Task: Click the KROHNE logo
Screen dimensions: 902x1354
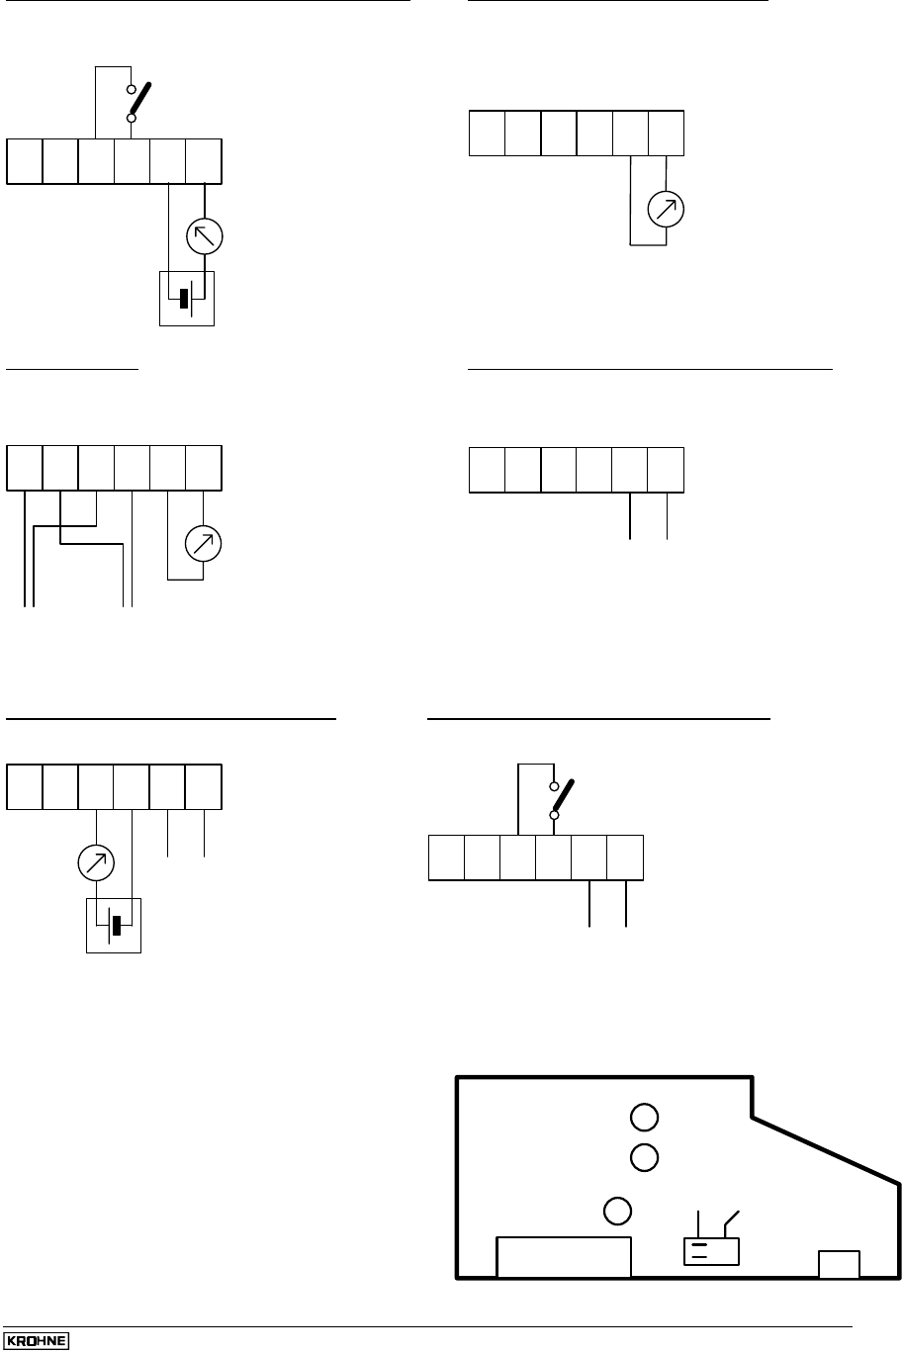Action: [41, 1341]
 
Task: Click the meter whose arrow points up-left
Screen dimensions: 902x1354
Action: [205, 236]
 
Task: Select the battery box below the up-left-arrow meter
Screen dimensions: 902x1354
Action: [187, 298]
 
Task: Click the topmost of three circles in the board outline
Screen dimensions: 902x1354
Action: [644, 1118]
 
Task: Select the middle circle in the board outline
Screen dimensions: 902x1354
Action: [644, 1156]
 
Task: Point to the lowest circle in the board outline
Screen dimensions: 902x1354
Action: [617, 1211]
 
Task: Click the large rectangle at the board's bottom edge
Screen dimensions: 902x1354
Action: [563, 1256]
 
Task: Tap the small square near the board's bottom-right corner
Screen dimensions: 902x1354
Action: [839, 1264]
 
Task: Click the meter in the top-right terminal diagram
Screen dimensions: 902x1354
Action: [666, 210]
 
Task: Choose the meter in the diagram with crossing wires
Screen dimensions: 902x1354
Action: [204, 542]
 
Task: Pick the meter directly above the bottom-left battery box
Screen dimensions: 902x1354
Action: [96, 862]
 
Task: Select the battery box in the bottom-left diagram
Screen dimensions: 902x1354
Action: [114, 926]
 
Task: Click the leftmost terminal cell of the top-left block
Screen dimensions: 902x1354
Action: [25, 161]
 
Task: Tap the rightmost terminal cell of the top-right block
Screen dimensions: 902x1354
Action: [667, 134]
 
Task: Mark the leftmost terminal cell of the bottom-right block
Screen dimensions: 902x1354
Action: [446, 858]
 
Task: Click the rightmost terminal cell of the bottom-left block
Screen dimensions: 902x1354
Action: [204, 786]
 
